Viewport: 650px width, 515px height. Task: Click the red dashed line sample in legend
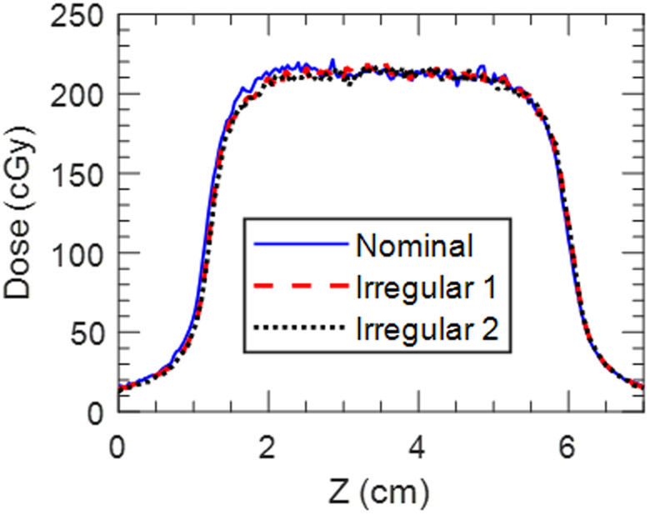[299, 287]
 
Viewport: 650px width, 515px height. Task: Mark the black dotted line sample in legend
[299, 328]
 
